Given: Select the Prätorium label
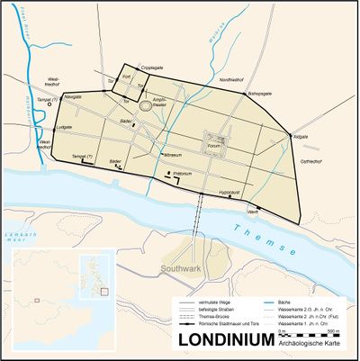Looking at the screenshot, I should (184, 172).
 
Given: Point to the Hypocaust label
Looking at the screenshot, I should (231, 192).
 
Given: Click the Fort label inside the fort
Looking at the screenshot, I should (127, 77).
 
